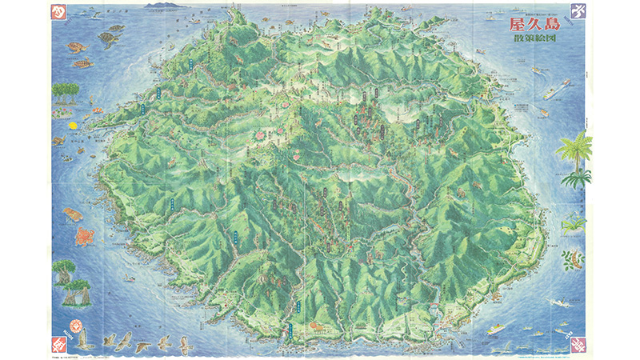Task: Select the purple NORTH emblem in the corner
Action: coord(578,12)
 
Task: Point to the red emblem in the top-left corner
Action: coord(58,12)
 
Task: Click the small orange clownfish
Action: coord(96,110)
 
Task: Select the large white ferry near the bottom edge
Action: coord(495,328)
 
